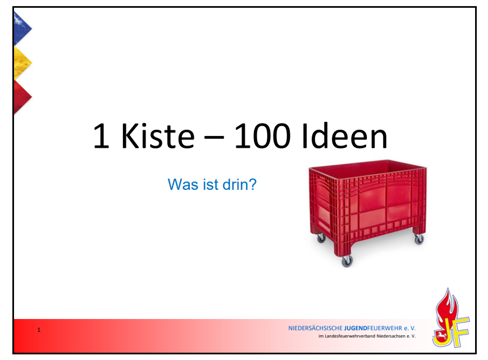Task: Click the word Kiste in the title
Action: click(x=158, y=136)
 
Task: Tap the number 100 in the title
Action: click(x=262, y=136)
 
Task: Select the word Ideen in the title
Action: click(x=345, y=136)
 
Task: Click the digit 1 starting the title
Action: click(x=102, y=136)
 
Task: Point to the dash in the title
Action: click(x=214, y=138)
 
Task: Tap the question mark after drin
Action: click(x=253, y=184)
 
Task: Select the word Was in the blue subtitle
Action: click(x=183, y=184)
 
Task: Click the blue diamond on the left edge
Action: click(x=22, y=28)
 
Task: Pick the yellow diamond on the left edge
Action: click(x=22, y=62)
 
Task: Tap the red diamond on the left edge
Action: click(x=22, y=97)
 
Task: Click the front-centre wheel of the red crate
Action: click(x=346, y=261)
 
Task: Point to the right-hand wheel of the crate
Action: click(x=419, y=239)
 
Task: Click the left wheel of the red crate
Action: click(x=321, y=238)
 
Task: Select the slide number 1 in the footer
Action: click(x=39, y=330)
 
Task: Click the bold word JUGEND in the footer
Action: click(x=355, y=328)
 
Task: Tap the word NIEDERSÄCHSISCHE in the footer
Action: click(x=315, y=328)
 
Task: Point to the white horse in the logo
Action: click(x=441, y=336)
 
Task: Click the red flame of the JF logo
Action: click(x=447, y=308)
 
